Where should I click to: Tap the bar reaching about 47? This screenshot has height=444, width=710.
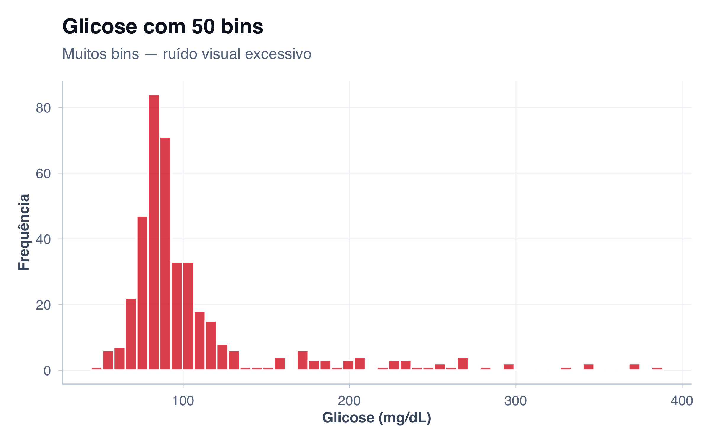(142, 293)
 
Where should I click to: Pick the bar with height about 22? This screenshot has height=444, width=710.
(131, 334)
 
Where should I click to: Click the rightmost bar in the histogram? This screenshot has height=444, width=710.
(657, 369)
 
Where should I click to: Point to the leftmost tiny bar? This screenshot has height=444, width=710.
(96, 369)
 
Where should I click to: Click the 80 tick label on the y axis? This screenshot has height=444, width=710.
(43, 108)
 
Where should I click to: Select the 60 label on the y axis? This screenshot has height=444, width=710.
(43, 174)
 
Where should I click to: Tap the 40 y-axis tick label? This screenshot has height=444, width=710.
(43, 239)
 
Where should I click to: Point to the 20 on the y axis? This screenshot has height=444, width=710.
(43, 305)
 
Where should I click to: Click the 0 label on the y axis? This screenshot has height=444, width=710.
(47, 371)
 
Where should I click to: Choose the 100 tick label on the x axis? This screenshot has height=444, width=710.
(183, 401)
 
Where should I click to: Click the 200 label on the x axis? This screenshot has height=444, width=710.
(349, 401)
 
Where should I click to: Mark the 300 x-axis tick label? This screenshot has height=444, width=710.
(515, 401)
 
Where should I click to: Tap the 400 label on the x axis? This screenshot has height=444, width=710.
(682, 401)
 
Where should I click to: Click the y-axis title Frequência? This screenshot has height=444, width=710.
(24, 232)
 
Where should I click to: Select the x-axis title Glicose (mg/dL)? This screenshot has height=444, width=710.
(377, 418)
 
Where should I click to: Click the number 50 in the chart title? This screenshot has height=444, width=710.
(203, 27)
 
